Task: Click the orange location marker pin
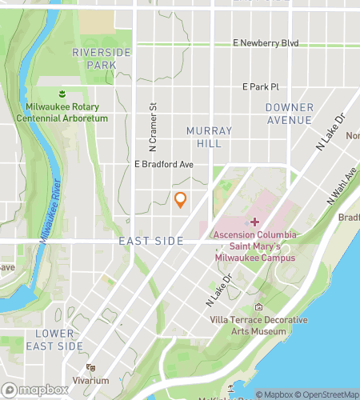pos(181,200)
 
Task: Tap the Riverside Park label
pos(100,58)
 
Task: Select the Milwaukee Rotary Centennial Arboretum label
pos(61,113)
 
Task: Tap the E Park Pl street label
pos(260,86)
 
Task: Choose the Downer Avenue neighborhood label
pos(289,114)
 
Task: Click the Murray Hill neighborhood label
pos(209,136)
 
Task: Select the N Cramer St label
pos(151,127)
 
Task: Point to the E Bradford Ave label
pos(164,165)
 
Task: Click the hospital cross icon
pos(255,222)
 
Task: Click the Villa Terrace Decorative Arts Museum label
pos(258,325)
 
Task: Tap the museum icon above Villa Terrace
pos(258,307)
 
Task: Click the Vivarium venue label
pos(90,382)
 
